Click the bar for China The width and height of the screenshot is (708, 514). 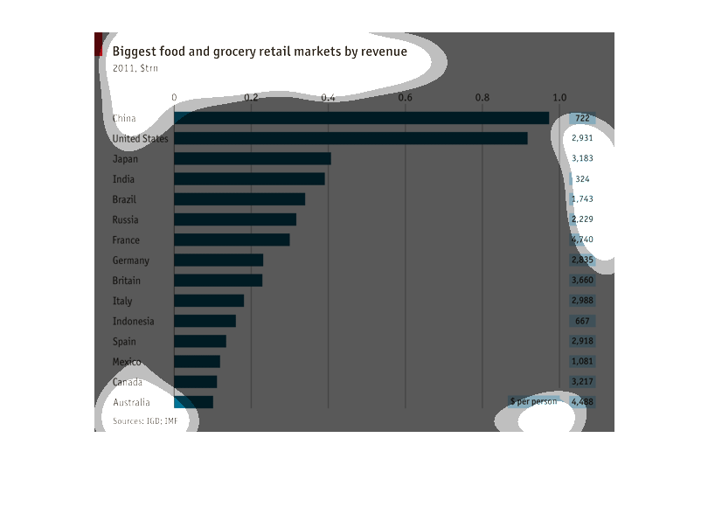click(x=361, y=118)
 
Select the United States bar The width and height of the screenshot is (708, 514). click(x=351, y=138)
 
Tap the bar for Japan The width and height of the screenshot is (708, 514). click(x=253, y=159)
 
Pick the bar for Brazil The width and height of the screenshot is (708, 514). click(x=239, y=199)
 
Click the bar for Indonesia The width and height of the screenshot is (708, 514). click(x=205, y=321)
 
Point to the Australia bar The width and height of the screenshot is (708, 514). click(x=193, y=402)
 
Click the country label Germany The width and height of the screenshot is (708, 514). click(x=131, y=260)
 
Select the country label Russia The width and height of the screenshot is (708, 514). click(x=126, y=219)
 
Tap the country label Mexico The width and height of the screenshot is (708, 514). click(x=127, y=362)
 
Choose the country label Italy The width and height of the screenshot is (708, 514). click(x=122, y=301)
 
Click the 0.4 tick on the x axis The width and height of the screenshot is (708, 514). click(x=329, y=97)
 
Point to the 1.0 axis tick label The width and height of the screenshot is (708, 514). click(x=559, y=97)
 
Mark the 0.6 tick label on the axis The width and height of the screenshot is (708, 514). click(x=406, y=97)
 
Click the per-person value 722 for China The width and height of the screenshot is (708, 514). click(x=582, y=118)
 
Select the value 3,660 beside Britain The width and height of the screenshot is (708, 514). click(x=582, y=281)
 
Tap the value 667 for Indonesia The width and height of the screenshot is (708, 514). click(x=583, y=321)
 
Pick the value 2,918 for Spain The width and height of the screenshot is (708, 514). click(x=582, y=341)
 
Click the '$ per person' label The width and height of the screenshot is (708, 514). click(x=533, y=402)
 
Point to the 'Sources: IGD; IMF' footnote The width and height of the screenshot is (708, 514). click(x=145, y=421)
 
